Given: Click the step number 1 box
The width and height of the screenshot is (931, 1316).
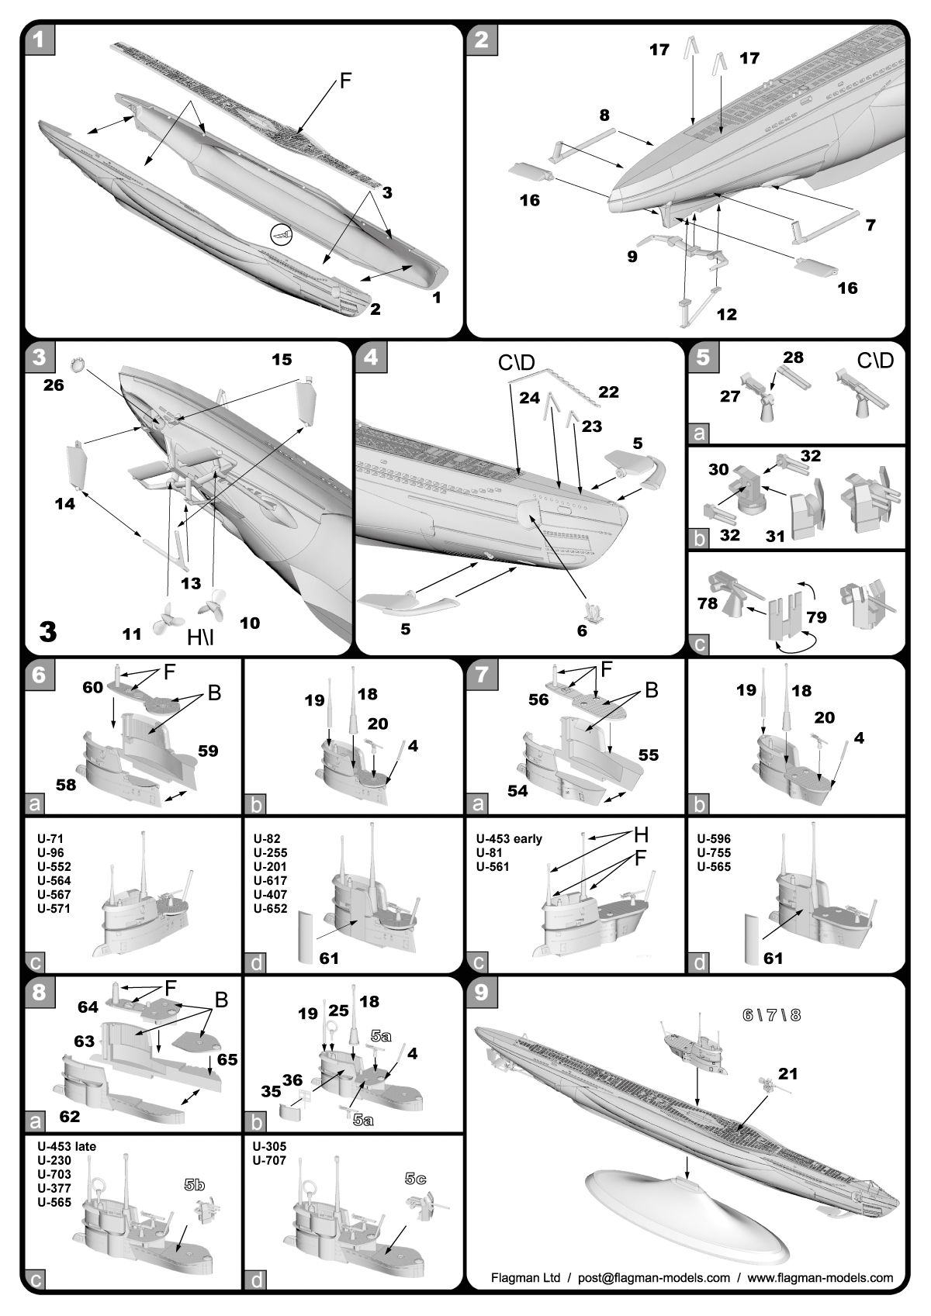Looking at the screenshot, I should click(x=40, y=39).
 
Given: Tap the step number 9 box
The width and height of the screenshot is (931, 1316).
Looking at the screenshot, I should click(x=481, y=992).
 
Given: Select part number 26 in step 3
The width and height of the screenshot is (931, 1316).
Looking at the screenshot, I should click(x=53, y=384).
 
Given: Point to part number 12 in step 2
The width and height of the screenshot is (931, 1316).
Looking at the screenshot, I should click(x=726, y=314).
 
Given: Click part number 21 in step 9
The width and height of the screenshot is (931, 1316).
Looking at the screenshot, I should click(x=787, y=1073).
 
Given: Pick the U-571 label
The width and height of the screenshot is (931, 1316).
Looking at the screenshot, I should click(x=54, y=908).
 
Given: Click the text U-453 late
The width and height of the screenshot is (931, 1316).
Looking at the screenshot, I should click(x=66, y=1146).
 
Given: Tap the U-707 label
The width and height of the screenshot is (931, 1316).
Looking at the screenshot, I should click(x=269, y=1160).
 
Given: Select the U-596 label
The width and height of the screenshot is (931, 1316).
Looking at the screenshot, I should click(x=713, y=838).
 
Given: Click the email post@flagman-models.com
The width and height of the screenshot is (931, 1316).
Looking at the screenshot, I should click(x=654, y=1277).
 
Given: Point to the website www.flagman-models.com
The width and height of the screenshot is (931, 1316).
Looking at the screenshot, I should click(x=820, y=1277).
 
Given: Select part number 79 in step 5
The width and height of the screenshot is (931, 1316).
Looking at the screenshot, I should click(x=815, y=617).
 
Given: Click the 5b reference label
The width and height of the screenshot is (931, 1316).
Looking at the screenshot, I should click(x=194, y=1185).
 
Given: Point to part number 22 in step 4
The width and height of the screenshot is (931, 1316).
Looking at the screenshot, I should click(x=608, y=392).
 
